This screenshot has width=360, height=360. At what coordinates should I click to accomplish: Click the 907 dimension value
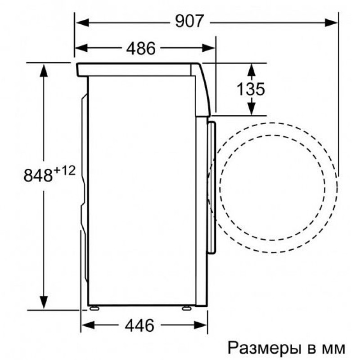(189, 21)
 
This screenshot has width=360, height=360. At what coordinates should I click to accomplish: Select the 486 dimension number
(141, 49)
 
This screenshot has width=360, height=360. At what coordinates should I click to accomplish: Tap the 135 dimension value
(251, 89)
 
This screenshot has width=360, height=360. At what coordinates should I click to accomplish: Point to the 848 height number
(38, 175)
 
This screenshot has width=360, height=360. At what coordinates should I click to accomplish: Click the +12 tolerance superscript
(64, 171)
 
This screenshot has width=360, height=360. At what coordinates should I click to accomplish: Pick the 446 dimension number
(139, 325)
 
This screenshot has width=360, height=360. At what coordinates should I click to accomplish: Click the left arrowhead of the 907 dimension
(83, 23)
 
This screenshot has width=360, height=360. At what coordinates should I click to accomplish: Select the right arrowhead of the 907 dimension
(331, 23)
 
